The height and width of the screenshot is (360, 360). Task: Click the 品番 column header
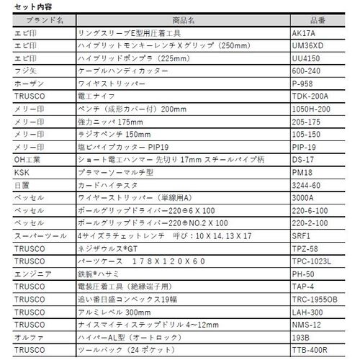pos(316,21)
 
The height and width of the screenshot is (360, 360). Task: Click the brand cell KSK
pos(21,173)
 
